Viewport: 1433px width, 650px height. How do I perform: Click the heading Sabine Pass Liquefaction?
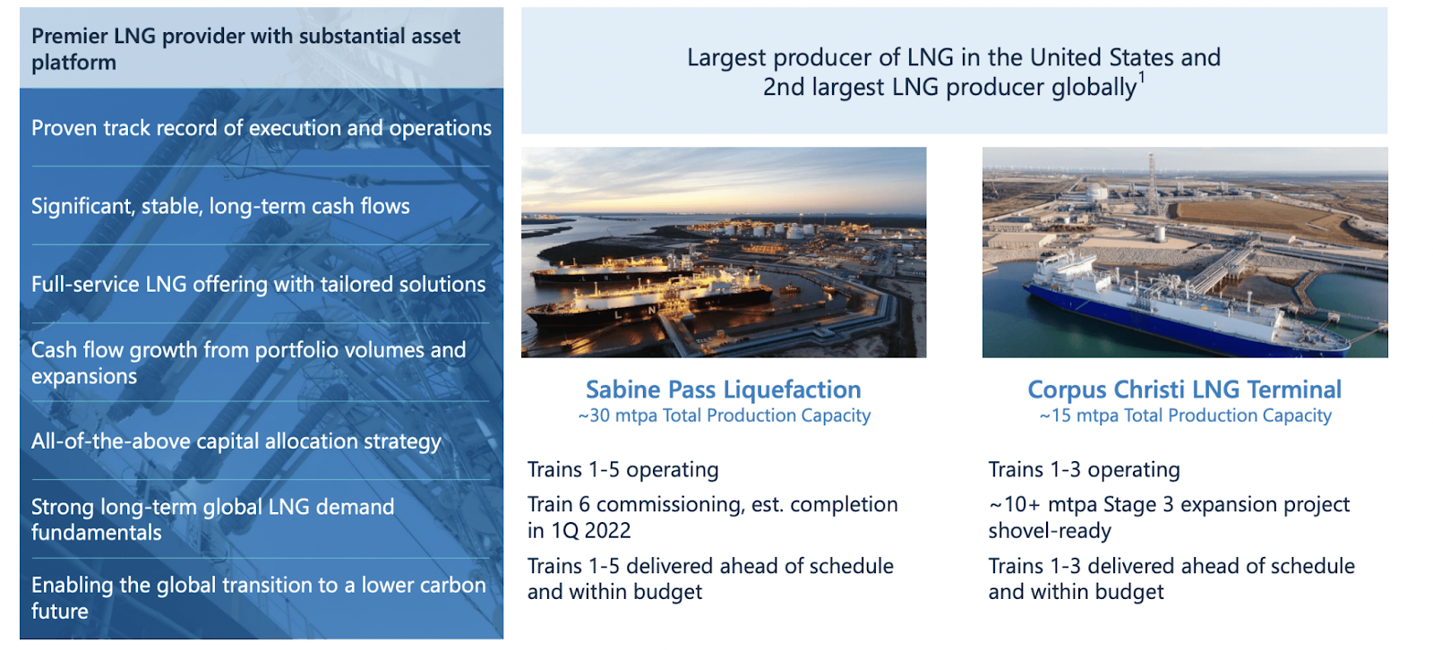click(724, 389)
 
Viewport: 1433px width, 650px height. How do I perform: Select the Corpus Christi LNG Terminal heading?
click(1185, 389)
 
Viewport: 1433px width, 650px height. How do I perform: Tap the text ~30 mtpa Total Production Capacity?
click(725, 415)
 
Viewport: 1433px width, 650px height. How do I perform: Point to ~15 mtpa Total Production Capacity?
click(1186, 415)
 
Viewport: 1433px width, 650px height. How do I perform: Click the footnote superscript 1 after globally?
click(1142, 78)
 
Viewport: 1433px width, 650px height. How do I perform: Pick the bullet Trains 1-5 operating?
click(623, 469)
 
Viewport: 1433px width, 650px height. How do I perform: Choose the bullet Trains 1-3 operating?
click(1085, 469)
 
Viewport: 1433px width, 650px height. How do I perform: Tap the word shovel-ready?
click(1050, 531)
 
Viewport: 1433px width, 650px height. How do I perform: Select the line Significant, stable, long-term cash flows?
click(220, 207)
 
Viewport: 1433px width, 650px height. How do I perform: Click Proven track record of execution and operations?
click(262, 129)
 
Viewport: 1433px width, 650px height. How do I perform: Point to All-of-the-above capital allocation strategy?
click(236, 441)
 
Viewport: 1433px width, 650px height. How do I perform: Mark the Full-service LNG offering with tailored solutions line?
click(259, 285)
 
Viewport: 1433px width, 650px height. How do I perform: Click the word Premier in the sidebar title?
click(70, 37)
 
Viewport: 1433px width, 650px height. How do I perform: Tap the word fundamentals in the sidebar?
click(97, 533)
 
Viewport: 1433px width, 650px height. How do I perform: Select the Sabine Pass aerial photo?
click(724, 252)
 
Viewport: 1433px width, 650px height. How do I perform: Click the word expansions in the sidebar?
click(84, 376)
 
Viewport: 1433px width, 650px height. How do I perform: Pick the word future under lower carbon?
click(59, 611)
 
